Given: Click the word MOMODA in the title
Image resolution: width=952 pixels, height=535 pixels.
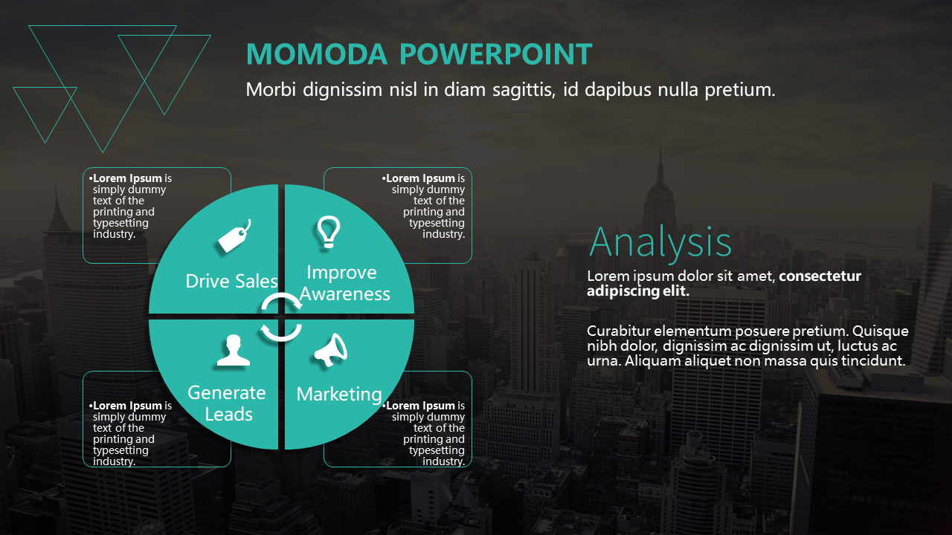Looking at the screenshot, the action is tap(317, 54).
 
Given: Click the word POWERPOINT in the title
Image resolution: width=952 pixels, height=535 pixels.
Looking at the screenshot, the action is tap(496, 54).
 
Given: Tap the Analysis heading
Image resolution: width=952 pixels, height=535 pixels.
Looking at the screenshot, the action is tap(660, 243).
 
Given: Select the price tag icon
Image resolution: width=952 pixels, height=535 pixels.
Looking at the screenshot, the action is tap(234, 236).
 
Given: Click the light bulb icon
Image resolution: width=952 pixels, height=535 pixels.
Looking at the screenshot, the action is tap(329, 232).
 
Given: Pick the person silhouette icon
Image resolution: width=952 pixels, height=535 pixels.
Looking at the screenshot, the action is tap(234, 350).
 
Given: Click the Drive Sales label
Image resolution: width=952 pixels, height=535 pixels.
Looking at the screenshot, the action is tap(231, 281).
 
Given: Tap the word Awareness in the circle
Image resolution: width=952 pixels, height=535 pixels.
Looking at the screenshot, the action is tap(344, 294).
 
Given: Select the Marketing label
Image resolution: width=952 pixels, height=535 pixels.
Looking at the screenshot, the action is tap(339, 395).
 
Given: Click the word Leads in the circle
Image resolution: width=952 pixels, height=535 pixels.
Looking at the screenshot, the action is tap(228, 415).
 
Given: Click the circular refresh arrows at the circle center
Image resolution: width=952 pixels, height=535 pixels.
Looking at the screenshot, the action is tap(281, 317).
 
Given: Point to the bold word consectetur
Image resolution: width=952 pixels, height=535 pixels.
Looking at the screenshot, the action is tap(820, 276).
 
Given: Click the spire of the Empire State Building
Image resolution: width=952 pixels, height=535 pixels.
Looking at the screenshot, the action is tap(660, 161).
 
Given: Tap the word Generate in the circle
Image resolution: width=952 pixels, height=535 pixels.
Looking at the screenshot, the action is tap(227, 393).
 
